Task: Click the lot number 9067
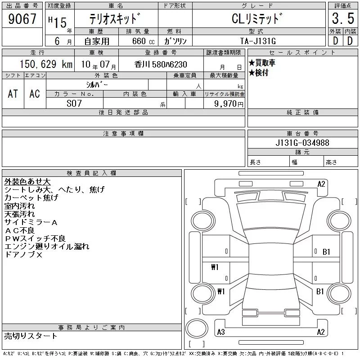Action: coord(22,19)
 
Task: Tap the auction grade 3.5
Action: coord(343,18)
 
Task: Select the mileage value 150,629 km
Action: coord(46,64)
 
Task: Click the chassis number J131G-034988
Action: coord(302,143)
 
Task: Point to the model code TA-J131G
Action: coord(258,41)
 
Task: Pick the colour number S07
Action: coord(74,103)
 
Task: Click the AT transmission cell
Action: coord(13,94)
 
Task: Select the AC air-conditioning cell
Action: coord(35,94)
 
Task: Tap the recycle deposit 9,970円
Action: coord(229,104)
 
